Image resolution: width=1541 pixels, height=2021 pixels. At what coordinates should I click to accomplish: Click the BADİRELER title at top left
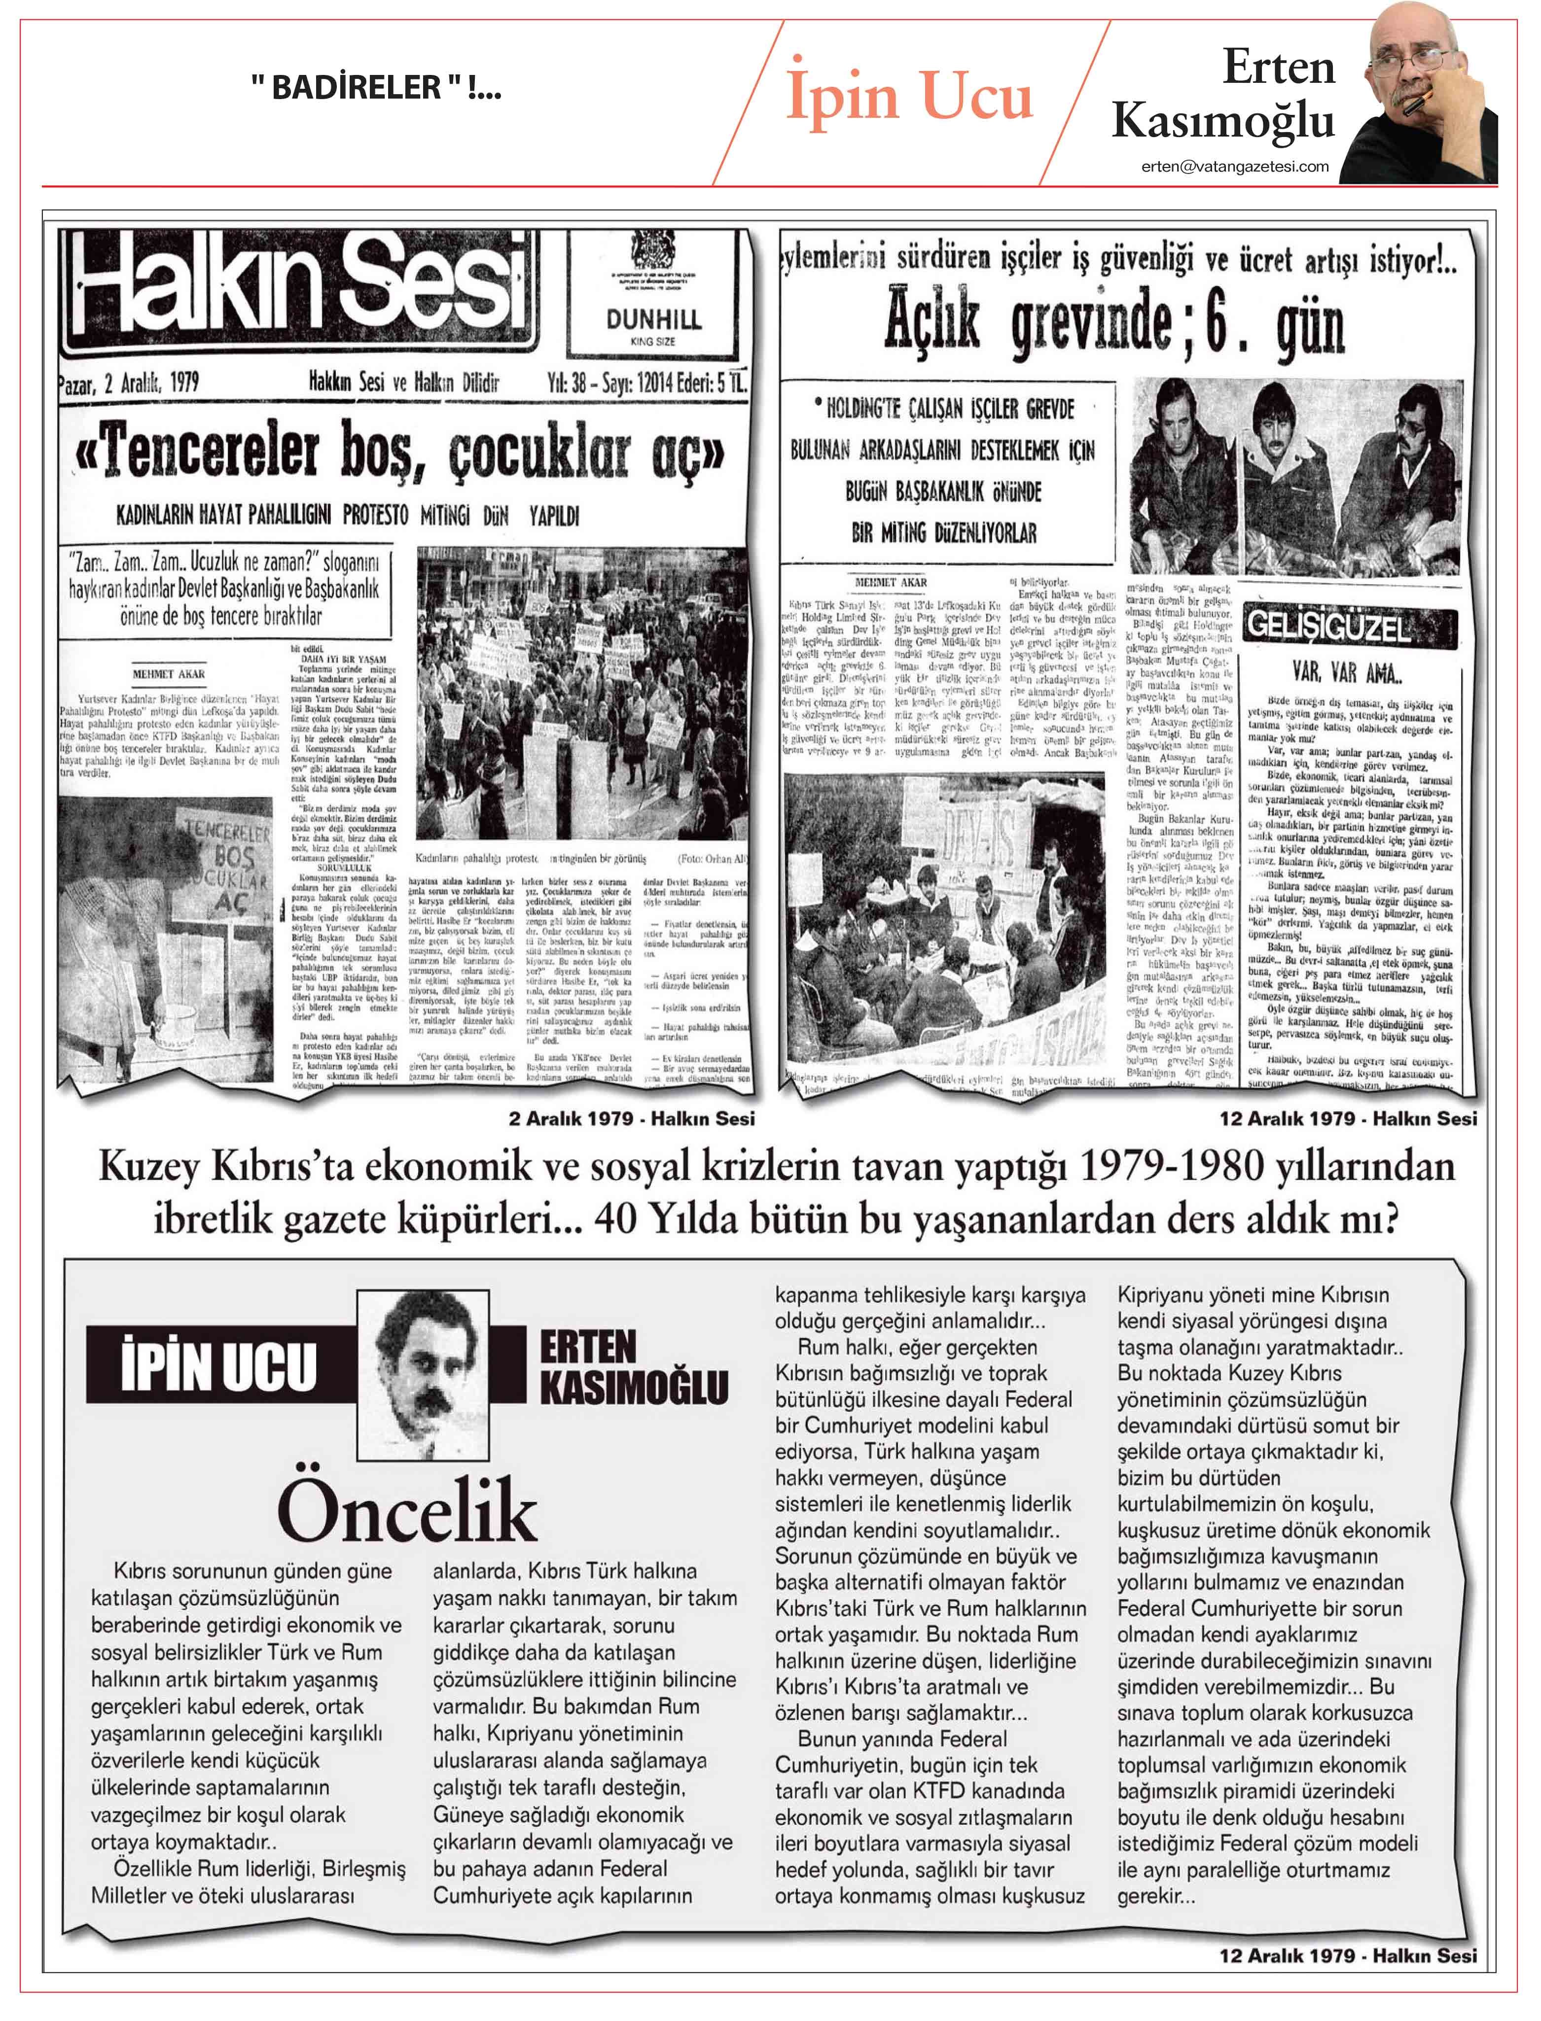click(376, 88)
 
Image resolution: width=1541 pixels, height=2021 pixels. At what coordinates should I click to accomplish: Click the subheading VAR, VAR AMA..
click(1347, 674)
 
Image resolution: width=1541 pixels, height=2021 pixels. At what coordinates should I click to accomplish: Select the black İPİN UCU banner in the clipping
click(220, 1364)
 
